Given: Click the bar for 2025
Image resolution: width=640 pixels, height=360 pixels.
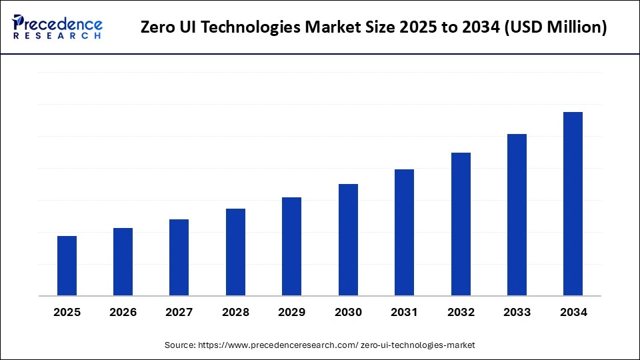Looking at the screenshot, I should [67, 266].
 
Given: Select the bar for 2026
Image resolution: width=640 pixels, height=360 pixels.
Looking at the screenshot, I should [123, 262].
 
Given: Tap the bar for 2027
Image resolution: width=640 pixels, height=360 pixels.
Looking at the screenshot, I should [179, 257].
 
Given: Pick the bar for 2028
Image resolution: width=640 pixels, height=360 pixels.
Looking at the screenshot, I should [235, 252].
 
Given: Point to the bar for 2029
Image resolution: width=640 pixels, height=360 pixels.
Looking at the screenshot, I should [291, 247].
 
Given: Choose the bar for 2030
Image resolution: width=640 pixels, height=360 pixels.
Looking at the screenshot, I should [348, 240].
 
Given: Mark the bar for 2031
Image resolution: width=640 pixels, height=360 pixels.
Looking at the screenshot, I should [404, 233].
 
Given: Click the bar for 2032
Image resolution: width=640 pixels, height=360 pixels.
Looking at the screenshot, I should [461, 224].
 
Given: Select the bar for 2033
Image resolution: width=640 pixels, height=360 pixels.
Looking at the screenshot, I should [517, 215].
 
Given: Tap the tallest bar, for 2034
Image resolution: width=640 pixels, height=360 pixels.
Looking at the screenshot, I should [573, 204].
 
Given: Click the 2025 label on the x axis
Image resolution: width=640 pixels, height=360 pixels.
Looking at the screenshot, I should [67, 312].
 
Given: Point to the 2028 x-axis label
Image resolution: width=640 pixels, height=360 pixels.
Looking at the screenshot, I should [235, 312].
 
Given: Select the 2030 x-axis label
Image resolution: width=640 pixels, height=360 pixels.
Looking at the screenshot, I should [348, 312].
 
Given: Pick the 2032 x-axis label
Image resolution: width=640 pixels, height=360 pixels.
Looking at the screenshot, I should [461, 312].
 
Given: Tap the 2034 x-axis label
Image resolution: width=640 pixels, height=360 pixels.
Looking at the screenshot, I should [573, 312].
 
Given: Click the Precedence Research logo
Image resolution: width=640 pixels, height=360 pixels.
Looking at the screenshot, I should [57, 27].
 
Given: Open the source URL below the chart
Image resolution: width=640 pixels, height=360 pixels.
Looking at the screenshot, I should [337, 345].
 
